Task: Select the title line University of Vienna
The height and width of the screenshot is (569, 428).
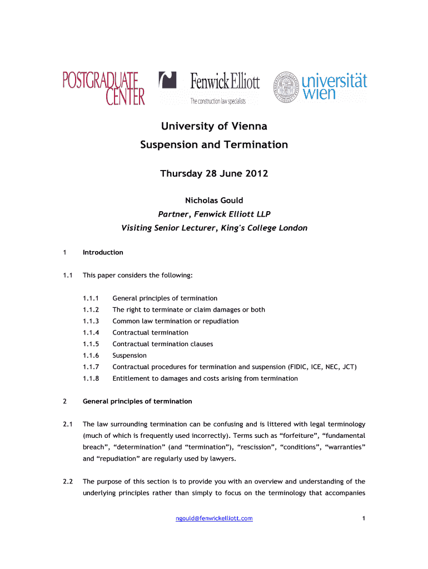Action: [214, 126]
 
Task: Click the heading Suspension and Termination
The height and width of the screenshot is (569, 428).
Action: [214, 145]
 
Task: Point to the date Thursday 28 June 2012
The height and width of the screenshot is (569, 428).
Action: [214, 174]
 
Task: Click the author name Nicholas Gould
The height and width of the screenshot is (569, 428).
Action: [214, 201]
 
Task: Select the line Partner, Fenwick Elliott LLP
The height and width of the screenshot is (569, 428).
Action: [214, 214]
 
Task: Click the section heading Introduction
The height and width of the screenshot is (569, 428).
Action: [103, 252]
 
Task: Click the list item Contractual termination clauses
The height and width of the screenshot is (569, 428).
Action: [162, 344]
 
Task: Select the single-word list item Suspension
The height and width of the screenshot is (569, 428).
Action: [130, 355]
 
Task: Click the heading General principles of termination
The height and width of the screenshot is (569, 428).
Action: [137, 401]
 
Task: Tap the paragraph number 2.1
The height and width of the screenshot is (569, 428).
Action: [68, 425]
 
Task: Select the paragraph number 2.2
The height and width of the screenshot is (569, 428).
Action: [68, 482]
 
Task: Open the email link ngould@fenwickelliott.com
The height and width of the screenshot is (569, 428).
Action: [214, 518]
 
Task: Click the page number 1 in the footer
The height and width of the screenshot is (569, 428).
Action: [363, 518]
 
